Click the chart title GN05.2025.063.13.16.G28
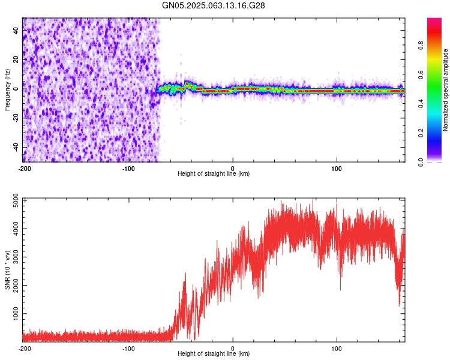pyautogui.click(x=213, y=5)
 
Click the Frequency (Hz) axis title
pyautogui.click(x=7, y=90)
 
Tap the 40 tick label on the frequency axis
pyautogui.click(x=16, y=30)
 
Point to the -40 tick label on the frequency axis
pyautogui.click(x=16, y=148)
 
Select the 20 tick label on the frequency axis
pyautogui.click(x=16, y=60)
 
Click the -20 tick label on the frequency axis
pyautogui.click(x=16, y=118)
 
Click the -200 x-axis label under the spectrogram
pyautogui.click(x=25, y=169)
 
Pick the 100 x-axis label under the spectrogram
pyautogui.click(x=337, y=169)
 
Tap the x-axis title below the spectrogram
pyautogui.click(x=214, y=173)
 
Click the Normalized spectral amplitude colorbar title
pyautogui.click(x=445, y=90)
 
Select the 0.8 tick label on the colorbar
pyautogui.click(x=421, y=46)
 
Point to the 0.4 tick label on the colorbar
pyautogui.click(x=421, y=104)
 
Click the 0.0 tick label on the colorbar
pyautogui.click(x=421, y=162)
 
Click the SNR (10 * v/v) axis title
pyautogui.click(x=7, y=270)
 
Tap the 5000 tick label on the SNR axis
pyautogui.click(x=16, y=200)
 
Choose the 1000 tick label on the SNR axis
pyautogui.click(x=16, y=314)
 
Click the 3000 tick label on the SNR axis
pyautogui.click(x=16, y=257)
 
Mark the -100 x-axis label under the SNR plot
pyautogui.click(x=128, y=349)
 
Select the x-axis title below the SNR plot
pyautogui.click(x=214, y=353)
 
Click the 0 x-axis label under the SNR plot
pyautogui.click(x=233, y=349)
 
